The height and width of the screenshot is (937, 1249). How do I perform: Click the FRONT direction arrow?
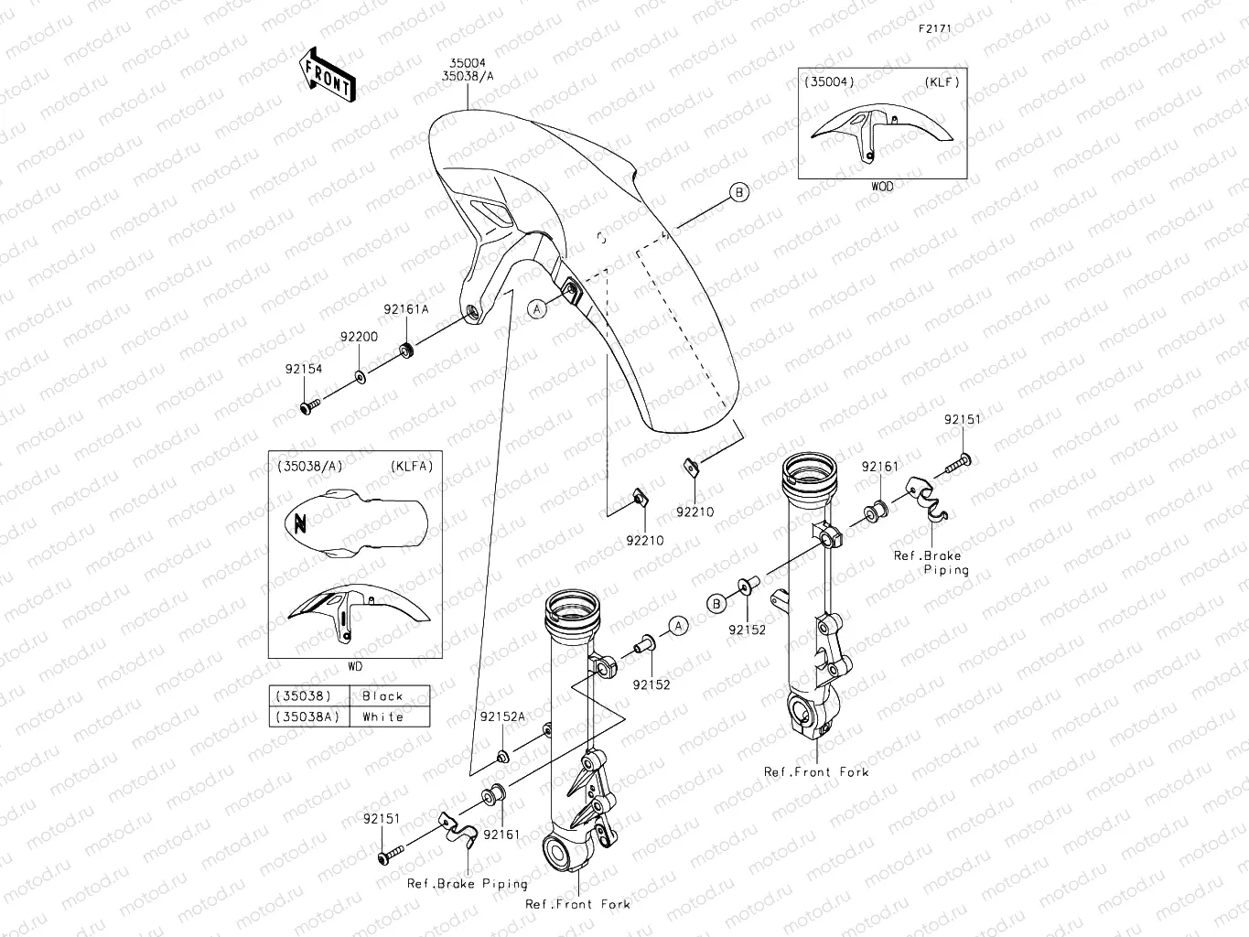(327, 73)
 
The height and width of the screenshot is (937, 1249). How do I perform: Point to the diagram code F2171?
(935, 28)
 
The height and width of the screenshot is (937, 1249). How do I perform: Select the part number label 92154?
(304, 369)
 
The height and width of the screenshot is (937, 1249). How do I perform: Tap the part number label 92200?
(359, 337)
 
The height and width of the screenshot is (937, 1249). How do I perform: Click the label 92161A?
(405, 309)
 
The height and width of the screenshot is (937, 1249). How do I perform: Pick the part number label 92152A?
(502, 716)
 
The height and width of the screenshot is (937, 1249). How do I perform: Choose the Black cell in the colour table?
(382, 696)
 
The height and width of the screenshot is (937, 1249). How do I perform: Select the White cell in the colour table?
(382, 717)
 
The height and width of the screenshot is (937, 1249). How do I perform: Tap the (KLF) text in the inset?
(942, 81)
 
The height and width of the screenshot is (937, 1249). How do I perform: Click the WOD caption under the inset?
(882, 186)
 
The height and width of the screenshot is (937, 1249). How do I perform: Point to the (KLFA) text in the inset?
(411, 466)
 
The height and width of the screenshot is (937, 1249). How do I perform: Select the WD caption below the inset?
(355, 666)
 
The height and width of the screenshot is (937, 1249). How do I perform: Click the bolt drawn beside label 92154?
(309, 404)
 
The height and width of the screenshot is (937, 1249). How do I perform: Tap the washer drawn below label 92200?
(360, 376)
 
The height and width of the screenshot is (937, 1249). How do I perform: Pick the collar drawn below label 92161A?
(406, 350)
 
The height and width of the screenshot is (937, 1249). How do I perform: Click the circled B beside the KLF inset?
(739, 191)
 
